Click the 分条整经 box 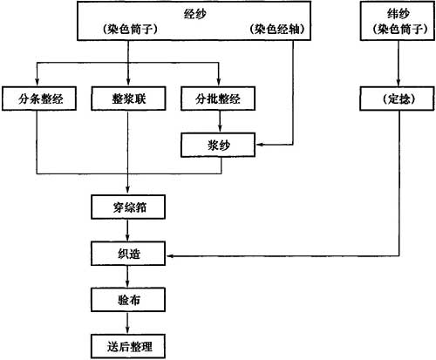tap(39, 98)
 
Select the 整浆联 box tap(128, 98)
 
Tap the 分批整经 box tap(218, 98)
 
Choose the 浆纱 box tap(218, 145)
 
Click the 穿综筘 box tap(128, 207)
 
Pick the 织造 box tap(128, 254)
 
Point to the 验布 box tap(128, 300)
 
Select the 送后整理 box tap(128, 346)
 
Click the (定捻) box tap(397, 98)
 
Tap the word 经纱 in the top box tap(194, 14)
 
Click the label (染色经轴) tap(277, 29)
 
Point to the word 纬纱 tap(399, 13)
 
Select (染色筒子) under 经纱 tap(130, 29)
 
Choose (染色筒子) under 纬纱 tap(400, 29)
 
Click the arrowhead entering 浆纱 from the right tap(259, 145)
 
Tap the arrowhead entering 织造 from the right tap(169, 256)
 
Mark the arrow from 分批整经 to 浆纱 tap(220, 122)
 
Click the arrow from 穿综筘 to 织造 tap(127, 230)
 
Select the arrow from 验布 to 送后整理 tap(127, 323)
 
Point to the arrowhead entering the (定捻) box tap(399, 83)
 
